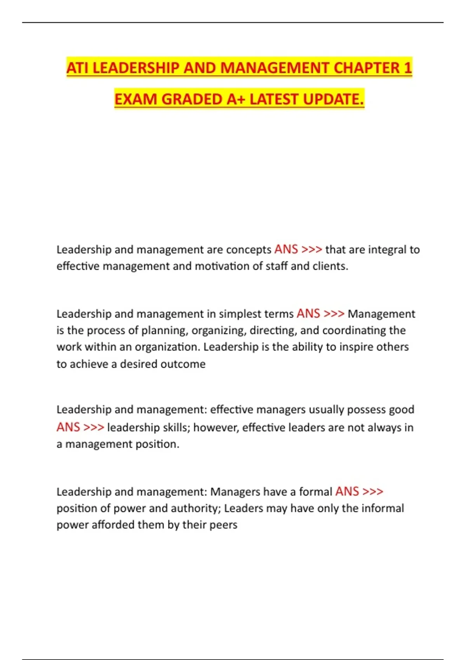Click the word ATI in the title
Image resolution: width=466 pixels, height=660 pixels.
click(78, 68)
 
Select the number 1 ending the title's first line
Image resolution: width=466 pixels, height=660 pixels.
click(407, 68)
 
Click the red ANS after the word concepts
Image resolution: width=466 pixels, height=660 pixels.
click(286, 249)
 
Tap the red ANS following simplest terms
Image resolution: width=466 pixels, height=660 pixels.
click(308, 314)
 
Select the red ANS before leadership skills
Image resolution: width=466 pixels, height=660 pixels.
click(68, 427)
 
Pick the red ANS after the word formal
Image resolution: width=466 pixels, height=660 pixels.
click(347, 492)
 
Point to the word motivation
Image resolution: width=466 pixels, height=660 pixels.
click(227, 266)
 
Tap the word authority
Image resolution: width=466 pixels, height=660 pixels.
click(196, 509)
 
